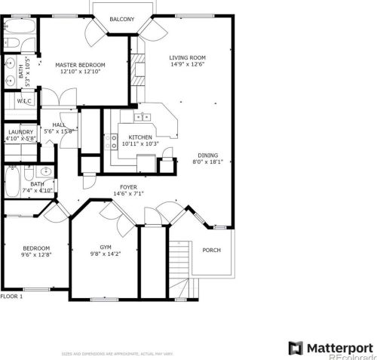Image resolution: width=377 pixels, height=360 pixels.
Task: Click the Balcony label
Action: (x=122, y=19)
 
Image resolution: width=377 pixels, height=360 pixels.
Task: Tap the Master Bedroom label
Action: (x=80, y=66)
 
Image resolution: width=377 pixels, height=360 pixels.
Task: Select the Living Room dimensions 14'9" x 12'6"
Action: (x=188, y=65)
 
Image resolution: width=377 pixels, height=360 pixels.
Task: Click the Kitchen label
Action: (x=140, y=137)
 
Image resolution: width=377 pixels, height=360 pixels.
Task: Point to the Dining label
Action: (x=208, y=154)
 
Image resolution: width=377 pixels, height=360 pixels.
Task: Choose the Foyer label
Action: (x=128, y=186)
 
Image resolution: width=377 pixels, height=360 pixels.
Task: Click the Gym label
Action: (x=106, y=247)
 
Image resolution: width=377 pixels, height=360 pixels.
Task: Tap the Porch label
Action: (x=212, y=250)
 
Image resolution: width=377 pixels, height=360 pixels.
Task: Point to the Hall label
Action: (x=59, y=125)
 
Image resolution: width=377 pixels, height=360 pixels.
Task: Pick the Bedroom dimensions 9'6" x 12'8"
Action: (x=36, y=255)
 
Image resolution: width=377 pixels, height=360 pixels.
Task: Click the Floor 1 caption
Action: (x=12, y=297)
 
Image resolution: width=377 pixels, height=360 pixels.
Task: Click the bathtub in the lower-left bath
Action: (x=12, y=181)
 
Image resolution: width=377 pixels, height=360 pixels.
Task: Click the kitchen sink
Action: (x=141, y=117)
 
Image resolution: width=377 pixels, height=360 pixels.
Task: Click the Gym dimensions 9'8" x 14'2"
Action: (x=106, y=254)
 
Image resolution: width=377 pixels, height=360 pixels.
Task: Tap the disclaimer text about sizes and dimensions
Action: (x=118, y=353)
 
